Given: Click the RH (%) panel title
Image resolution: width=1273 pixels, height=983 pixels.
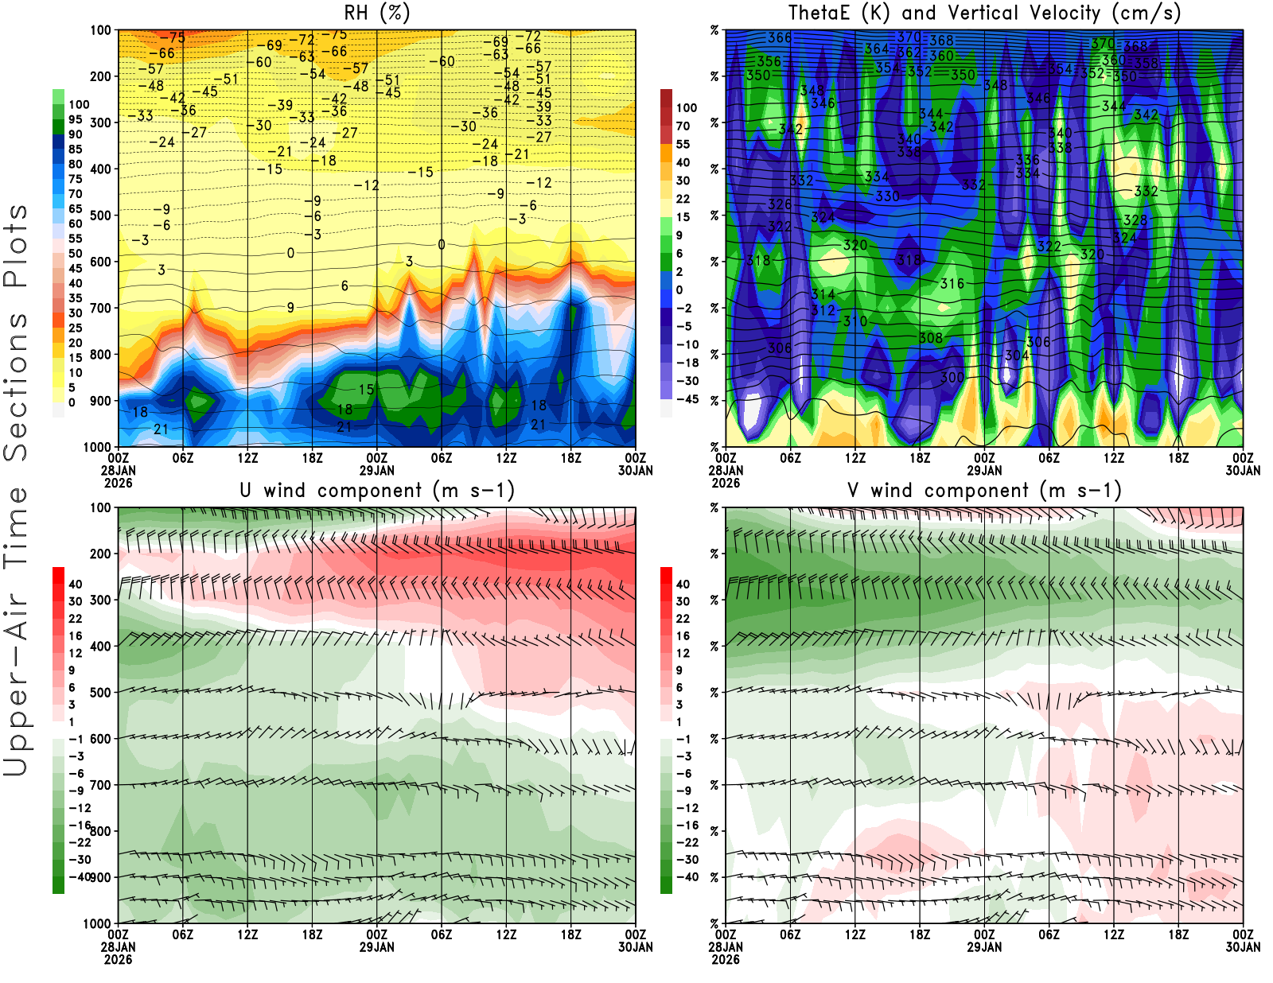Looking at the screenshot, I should (x=376, y=14).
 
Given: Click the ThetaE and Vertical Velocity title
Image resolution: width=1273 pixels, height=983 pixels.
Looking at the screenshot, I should (x=984, y=14).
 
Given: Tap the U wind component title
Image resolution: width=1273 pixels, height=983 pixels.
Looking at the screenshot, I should (x=376, y=491).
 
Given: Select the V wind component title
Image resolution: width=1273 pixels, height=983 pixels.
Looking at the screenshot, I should (x=984, y=491).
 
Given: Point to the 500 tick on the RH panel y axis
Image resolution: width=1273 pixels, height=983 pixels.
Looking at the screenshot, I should (x=100, y=216).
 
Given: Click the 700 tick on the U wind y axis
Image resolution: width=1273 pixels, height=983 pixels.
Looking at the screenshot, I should (x=100, y=785).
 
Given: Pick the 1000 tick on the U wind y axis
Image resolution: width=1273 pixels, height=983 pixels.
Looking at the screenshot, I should (x=97, y=923).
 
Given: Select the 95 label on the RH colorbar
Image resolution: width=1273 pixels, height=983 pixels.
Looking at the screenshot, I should (x=76, y=119).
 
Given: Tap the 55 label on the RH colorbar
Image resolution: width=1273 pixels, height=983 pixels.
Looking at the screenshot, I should (x=76, y=239).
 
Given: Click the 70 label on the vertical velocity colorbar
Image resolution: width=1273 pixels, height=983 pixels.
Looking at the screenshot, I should (x=683, y=126).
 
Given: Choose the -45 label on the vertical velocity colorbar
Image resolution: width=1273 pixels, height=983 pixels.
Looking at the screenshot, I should (x=686, y=399).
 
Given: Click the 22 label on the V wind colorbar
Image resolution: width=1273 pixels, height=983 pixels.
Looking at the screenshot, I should (x=683, y=619).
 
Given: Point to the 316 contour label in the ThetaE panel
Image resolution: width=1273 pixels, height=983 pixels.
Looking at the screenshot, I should (x=952, y=284).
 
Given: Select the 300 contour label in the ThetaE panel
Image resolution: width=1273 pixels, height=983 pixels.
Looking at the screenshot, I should (x=952, y=377).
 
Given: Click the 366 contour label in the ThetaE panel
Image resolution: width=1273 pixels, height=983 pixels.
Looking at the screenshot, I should (x=780, y=37).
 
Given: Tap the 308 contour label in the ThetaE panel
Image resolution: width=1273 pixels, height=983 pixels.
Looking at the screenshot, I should (x=931, y=338).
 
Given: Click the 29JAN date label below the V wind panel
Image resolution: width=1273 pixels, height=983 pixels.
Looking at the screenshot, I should (x=984, y=947).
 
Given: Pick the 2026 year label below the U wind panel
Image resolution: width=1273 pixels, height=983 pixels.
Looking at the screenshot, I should (x=118, y=959).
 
